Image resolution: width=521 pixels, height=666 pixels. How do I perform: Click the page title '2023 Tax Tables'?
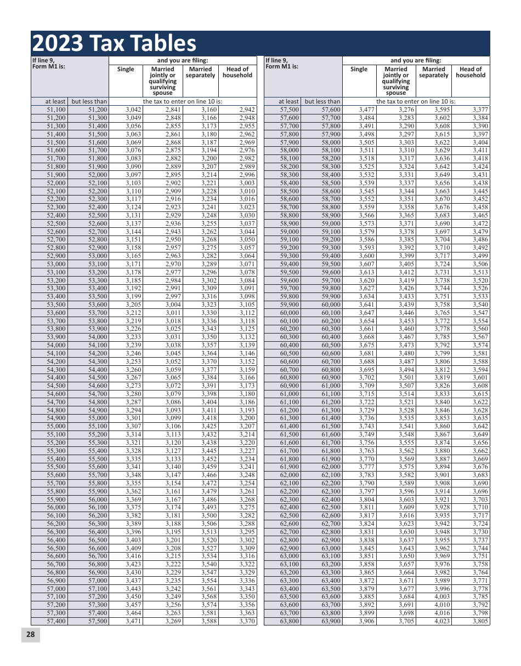[114, 43]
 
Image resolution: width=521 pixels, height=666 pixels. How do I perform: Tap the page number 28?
[30, 634]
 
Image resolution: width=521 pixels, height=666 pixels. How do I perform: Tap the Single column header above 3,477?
[359, 70]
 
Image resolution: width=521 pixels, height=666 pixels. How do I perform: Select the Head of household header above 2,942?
[237, 72]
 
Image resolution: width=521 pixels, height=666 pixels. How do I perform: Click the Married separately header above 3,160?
[200, 72]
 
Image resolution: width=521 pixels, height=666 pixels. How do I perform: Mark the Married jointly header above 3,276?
[396, 81]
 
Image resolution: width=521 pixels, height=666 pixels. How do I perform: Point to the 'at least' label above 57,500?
[288, 101]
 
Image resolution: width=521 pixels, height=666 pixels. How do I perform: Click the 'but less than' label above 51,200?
[89, 101]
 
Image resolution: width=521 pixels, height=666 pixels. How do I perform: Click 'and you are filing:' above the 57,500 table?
[416, 61]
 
